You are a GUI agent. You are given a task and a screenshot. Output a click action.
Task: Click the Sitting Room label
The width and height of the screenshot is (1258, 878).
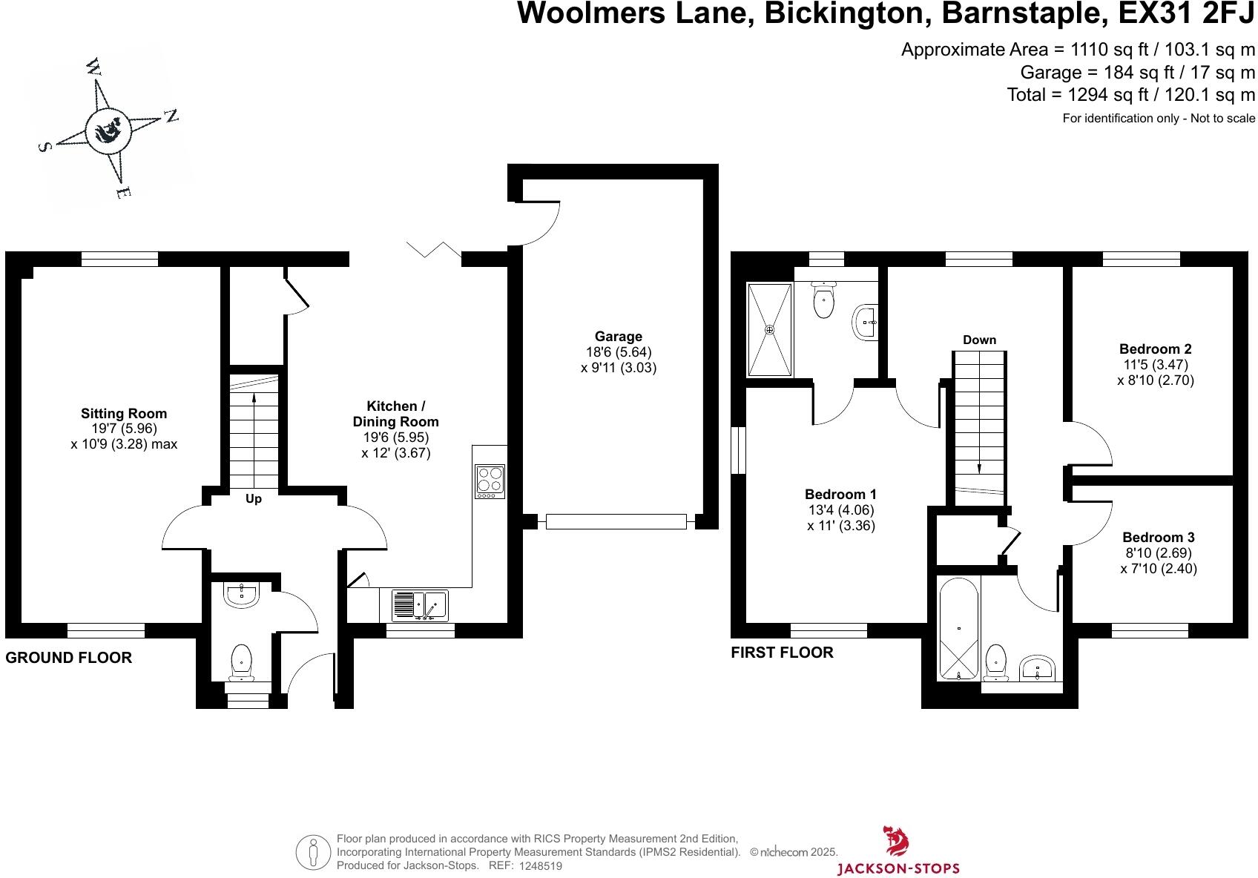(124, 414)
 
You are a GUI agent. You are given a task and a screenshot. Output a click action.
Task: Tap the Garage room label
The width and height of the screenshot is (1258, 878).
(619, 336)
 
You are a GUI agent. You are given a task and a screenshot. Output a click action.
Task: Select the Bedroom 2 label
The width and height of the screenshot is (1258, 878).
(1155, 349)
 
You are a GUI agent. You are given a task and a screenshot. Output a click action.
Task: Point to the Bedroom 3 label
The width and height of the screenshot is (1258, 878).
(1158, 537)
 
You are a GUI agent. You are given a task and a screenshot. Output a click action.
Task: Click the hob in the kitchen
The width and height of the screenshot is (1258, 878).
(490, 481)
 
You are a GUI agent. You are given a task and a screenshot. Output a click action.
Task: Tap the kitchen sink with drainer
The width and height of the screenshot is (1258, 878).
(420, 606)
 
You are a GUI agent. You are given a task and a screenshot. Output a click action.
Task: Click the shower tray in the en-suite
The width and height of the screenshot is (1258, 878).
(769, 329)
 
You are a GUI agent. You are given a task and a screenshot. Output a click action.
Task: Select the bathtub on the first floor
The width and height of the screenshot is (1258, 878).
(958, 628)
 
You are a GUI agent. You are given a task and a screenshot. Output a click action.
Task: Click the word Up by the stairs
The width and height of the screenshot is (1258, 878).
(253, 499)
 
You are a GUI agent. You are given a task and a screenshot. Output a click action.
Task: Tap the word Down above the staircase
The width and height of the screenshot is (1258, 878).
(979, 340)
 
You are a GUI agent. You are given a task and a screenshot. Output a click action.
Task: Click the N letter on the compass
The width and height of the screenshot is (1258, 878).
(171, 116)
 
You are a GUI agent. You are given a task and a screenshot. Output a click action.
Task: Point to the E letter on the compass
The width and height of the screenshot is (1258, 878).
(124, 193)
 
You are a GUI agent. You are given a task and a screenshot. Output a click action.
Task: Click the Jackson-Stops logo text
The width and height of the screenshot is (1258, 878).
(898, 868)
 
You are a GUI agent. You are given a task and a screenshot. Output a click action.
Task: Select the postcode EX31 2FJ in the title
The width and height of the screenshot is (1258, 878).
(1187, 13)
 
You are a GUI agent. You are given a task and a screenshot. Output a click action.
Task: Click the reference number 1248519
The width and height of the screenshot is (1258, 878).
(540, 865)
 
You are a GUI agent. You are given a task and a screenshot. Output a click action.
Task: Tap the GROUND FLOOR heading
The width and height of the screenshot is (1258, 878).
(68, 657)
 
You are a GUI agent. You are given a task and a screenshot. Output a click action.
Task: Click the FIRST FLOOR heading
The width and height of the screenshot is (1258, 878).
(782, 653)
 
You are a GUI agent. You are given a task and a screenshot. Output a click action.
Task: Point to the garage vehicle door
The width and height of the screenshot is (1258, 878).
(616, 521)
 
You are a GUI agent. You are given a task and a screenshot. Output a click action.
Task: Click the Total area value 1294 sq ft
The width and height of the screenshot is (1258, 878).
(1107, 95)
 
